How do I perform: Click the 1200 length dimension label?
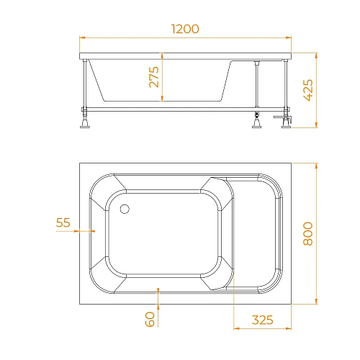click(185, 29)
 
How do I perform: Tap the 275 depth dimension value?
click(154, 77)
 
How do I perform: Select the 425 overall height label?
click(308, 90)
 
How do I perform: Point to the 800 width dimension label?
click(308, 233)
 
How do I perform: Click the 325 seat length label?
click(262, 320)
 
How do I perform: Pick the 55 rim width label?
click(63, 222)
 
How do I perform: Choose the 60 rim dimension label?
click(150, 319)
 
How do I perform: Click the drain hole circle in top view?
click(125, 209)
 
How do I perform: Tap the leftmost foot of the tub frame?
click(85, 122)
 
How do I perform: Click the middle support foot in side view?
click(256, 122)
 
